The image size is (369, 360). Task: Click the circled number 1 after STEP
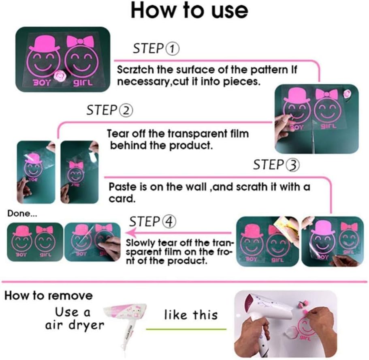pos(173,49)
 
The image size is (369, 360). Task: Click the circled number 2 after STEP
pos(126,111)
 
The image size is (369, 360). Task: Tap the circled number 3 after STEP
pos(293,165)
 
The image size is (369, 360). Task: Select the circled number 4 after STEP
pos(169,222)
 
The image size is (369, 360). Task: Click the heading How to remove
pos(49,296)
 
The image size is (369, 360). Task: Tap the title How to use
pos(189,11)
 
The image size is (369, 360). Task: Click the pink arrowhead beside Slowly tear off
pos(131,233)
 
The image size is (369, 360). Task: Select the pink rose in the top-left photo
pos(58,76)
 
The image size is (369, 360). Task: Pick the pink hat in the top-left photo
pos(45,43)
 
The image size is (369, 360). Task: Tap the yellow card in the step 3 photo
pos(284,224)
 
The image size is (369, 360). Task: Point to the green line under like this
pos(186,329)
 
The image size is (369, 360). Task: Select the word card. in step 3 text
pos(122,199)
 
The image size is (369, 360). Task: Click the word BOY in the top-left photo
pos(41,82)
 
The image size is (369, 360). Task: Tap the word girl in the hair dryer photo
pos(305,339)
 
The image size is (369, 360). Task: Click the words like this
pos(191,315)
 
